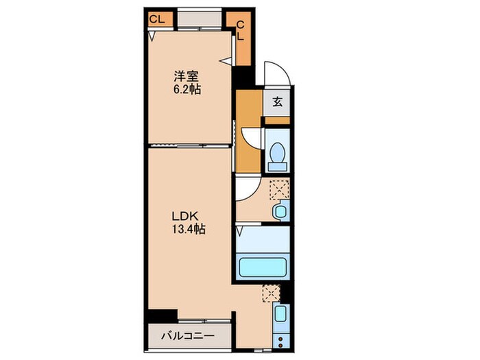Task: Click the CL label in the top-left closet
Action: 156,19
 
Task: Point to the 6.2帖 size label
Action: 187,89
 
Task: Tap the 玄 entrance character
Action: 277,103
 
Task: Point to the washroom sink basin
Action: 280,211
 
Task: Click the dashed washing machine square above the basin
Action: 279,188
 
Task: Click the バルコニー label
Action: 188,337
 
